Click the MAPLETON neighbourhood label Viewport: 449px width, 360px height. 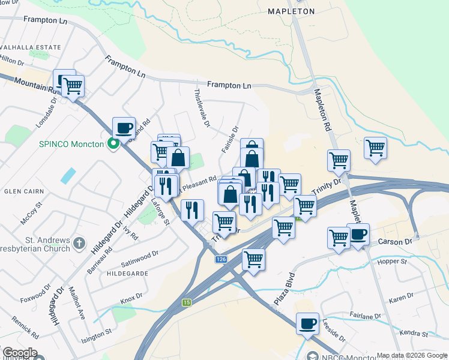click(x=291, y=11)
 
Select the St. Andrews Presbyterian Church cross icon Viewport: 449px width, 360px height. click(x=79, y=244)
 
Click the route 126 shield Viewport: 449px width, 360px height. click(x=221, y=259)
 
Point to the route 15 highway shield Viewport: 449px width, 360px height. click(x=187, y=302)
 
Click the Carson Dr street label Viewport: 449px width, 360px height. click(x=396, y=241)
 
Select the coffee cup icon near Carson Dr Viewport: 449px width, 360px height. click(x=358, y=233)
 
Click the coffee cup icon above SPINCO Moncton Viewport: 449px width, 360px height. click(x=124, y=127)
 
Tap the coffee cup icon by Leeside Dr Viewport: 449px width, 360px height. click(x=307, y=323)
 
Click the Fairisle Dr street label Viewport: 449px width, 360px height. click(x=230, y=139)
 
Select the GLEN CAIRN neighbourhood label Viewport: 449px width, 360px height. click(x=21, y=191)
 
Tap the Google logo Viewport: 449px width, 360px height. click(x=19, y=353)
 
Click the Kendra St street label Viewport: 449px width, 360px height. click(x=415, y=333)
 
